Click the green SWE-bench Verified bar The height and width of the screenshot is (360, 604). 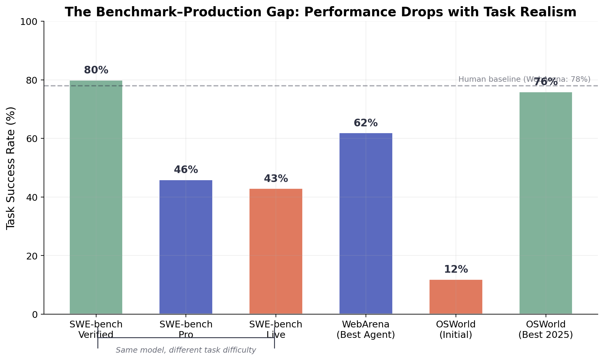click(96, 197)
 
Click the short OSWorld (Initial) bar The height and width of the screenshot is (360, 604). click(456, 297)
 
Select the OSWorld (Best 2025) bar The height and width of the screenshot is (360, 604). click(546, 203)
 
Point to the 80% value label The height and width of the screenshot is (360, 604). click(96, 70)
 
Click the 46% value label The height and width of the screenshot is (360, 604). click(186, 170)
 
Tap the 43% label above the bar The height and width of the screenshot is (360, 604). click(276, 179)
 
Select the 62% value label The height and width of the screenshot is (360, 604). click(366, 123)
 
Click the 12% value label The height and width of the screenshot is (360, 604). click(456, 269)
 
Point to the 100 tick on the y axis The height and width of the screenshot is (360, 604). click(28, 22)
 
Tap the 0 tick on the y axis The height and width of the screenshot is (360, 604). click(34, 314)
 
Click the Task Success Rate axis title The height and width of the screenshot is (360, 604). click(11, 168)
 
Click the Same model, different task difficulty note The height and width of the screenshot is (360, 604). click(186, 350)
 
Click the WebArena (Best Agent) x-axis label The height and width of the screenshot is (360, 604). click(366, 330)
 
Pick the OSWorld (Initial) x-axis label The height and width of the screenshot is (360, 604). click(456, 330)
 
